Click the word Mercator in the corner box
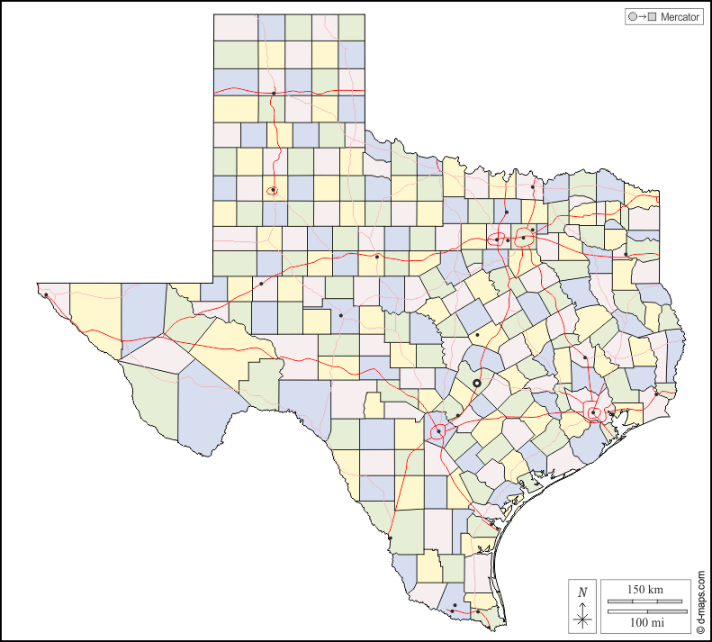tap(680, 17)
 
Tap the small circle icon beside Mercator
tap(633, 17)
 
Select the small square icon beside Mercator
tap(652, 17)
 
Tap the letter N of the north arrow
tap(582, 592)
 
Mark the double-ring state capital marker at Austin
tap(477, 384)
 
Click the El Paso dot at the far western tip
tap(45, 294)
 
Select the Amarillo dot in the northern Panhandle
tap(274, 93)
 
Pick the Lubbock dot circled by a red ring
tap(272, 190)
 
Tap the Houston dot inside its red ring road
tap(593, 412)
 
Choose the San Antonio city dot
tap(438, 432)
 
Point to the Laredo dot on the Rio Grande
tap(391, 538)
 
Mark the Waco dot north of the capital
tap(477, 335)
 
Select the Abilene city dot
tap(376, 257)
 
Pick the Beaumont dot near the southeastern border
tap(657, 393)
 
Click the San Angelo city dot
tap(340, 315)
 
